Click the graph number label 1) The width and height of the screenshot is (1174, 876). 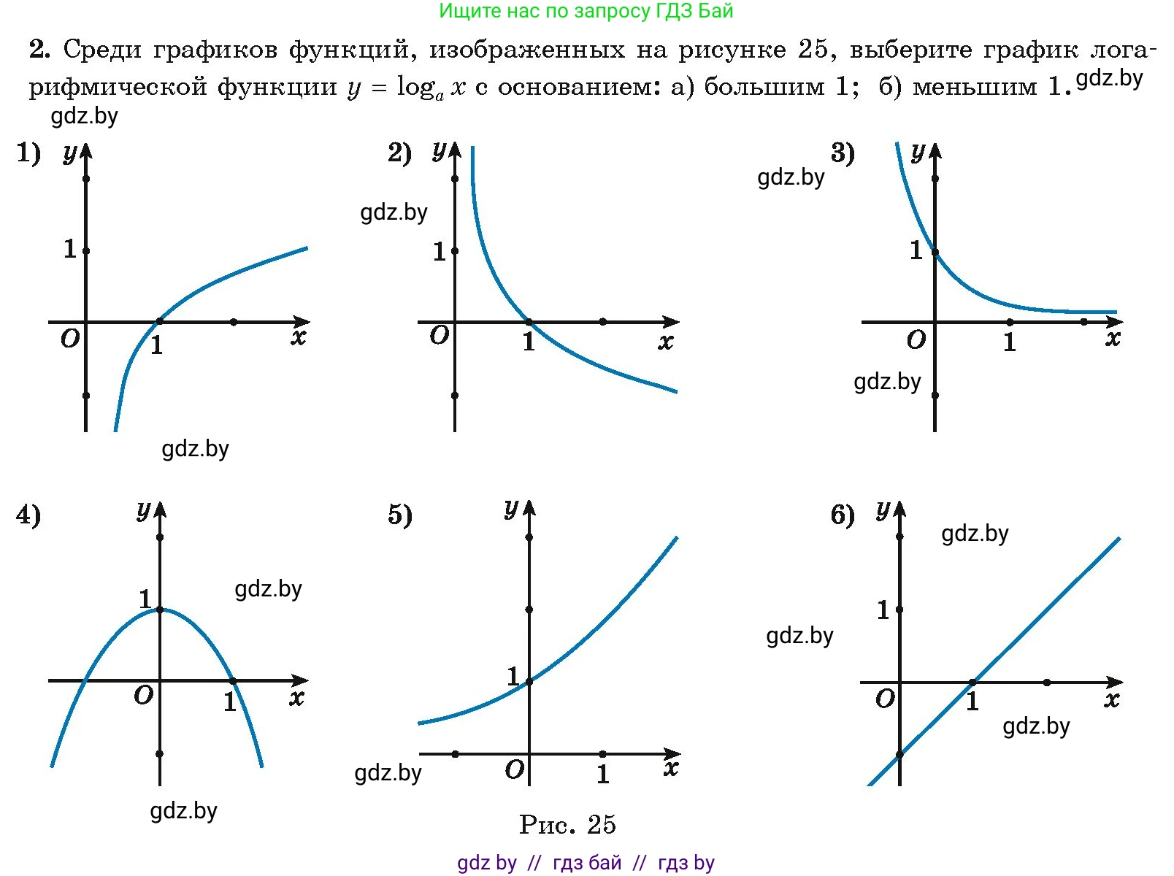[28, 153]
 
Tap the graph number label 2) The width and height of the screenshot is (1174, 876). [399, 153]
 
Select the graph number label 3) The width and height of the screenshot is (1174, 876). [843, 153]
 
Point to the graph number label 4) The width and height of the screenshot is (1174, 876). [28, 515]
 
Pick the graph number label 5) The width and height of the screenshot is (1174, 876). [399, 515]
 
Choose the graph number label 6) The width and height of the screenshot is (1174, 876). [843, 515]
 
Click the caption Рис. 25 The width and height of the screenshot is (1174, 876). [567, 825]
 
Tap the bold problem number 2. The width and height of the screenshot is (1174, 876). [39, 50]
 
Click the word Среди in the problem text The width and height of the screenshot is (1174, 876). [101, 50]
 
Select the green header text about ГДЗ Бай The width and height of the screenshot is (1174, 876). [586, 11]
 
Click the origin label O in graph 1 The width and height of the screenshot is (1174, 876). [70, 339]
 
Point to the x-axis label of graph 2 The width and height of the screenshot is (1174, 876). [665, 342]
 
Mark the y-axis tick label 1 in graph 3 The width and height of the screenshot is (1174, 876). [916, 250]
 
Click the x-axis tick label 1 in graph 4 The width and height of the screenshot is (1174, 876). [230, 702]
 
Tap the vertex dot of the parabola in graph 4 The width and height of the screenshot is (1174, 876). [160, 610]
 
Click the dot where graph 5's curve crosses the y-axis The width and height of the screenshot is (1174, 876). [529, 682]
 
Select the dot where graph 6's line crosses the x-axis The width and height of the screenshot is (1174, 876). [972, 683]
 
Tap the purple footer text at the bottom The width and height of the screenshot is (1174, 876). [586, 863]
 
